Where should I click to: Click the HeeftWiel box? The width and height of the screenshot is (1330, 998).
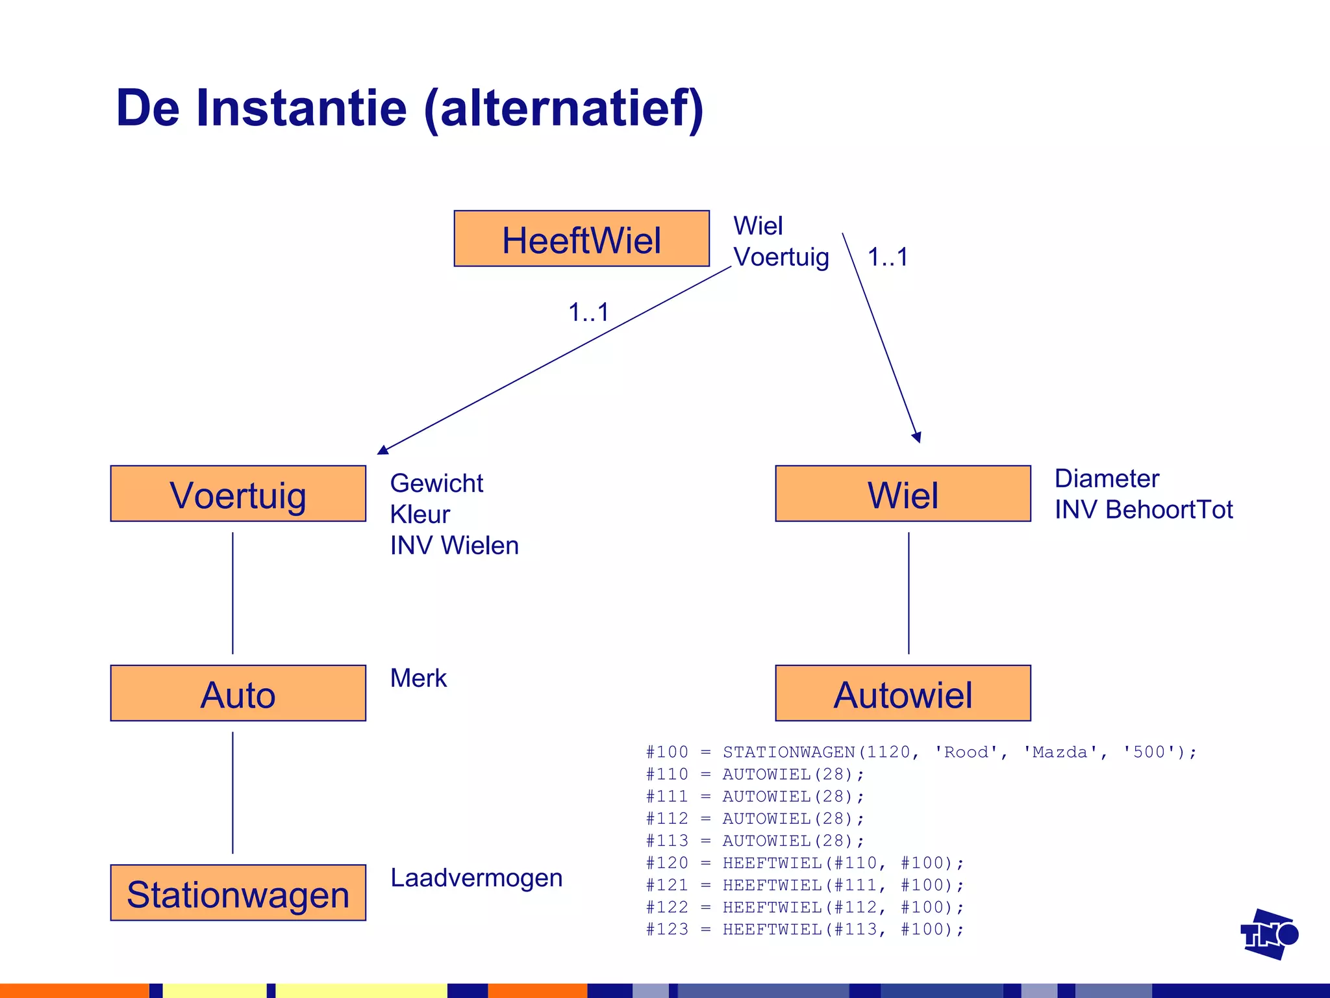click(581, 238)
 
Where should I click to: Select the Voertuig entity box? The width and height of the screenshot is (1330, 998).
click(238, 494)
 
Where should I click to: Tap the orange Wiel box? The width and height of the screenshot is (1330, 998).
click(903, 494)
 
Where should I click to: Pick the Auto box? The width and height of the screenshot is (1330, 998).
click(238, 693)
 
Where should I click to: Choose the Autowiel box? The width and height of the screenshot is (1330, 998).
click(903, 693)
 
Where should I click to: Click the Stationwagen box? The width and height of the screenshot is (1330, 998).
click(238, 893)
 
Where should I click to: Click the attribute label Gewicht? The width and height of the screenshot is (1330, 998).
click(436, 483)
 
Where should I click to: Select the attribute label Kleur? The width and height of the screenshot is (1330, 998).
click(420, 515)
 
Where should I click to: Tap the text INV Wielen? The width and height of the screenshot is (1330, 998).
click(454, 546)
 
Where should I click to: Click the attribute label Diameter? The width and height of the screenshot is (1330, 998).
click(1107, 479)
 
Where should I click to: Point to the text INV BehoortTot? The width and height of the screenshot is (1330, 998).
click(1143, 510)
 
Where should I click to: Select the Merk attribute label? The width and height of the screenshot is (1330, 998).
click(418, 678)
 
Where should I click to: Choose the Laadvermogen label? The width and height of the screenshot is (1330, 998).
click(476, 878)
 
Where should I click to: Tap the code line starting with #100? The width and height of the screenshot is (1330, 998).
click(921, 752)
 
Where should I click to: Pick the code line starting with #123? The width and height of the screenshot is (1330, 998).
click(805, 930)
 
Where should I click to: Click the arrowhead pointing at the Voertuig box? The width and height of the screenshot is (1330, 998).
click(383, 450)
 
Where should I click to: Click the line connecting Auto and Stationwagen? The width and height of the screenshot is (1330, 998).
click(232, 793)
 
